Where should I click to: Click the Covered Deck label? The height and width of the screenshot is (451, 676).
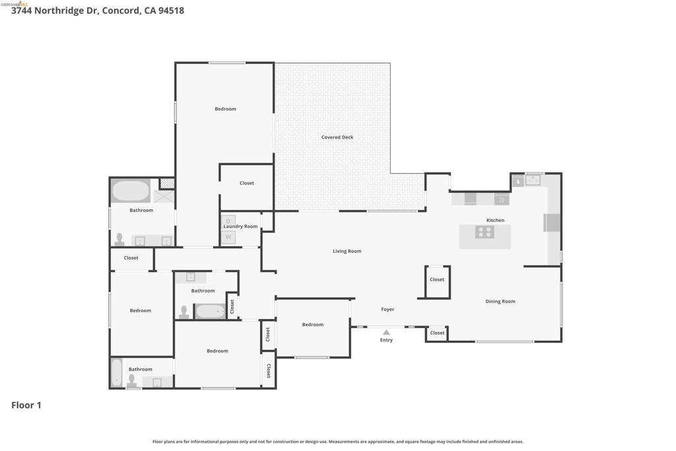pos(337,137)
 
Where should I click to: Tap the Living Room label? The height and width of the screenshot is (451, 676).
pos(347,251)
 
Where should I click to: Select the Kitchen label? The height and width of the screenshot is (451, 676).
pos(495,220)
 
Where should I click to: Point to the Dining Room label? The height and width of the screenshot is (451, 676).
pos(500,301)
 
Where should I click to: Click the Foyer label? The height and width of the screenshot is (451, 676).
pos(388,309)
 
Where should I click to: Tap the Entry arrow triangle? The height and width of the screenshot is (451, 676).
pos(386,332)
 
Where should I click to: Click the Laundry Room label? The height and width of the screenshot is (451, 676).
pos(240,226)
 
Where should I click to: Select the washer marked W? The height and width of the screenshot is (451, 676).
pos(228,236)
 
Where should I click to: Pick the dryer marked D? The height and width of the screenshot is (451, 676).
pos(228,221)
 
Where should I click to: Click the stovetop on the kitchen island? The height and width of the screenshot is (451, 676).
pos(485,232)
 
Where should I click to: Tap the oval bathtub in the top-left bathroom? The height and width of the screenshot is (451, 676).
pos(131,191)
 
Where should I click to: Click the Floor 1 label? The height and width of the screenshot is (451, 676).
pos(26,405)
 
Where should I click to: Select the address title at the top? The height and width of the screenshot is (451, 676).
pos(98,11)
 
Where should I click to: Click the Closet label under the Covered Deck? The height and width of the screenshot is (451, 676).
pos(247,183)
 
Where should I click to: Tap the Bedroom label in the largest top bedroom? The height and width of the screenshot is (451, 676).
pos(226,109)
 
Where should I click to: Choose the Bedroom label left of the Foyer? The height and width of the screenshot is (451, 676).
pos(312,324)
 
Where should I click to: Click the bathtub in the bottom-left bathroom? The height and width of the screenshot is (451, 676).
pos(116,373)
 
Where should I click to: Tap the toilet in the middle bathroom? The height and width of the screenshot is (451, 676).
pos(184,312)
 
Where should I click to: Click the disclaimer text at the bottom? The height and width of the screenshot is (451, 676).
pos(338,442)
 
